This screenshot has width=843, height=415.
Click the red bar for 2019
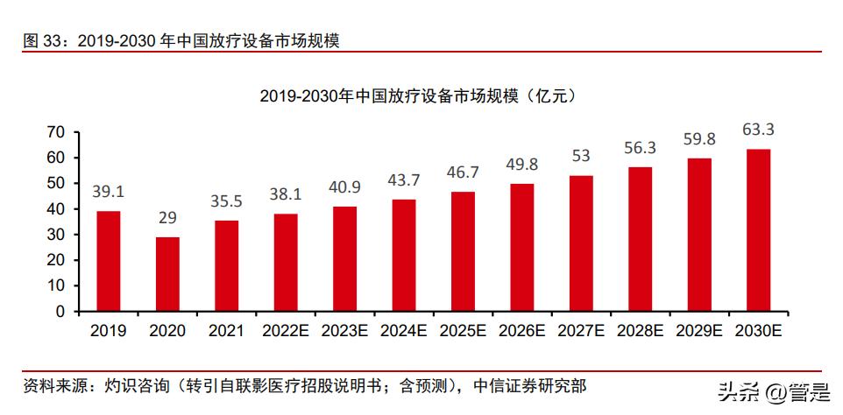pos(109,261)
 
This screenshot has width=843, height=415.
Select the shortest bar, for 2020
pos(167,274)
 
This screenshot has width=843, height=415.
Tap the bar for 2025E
pos(463,251)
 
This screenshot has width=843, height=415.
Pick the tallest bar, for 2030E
pos(758,230)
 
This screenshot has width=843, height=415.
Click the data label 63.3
pos(758,130)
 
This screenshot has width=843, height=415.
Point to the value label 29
pos(167,218)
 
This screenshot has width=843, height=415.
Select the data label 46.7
pos(463,172)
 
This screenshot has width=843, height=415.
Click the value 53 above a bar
pos(581,157)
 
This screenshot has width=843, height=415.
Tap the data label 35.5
pos(227,201)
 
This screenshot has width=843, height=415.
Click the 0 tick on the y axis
pos(61,311)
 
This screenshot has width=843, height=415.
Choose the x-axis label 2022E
pos(286,331)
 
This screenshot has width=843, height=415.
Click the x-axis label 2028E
pos(640,331)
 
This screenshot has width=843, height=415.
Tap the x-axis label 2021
pos(227,331)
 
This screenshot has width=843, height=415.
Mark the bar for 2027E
pos(581,243)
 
